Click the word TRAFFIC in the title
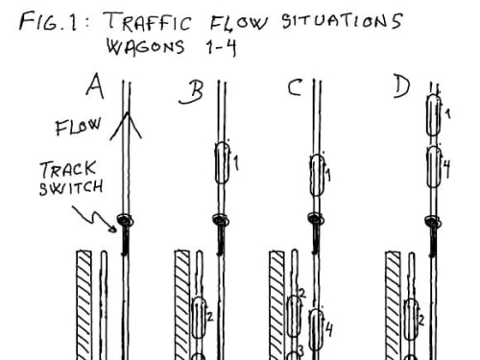tap(148, 21)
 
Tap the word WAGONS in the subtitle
tap(146, 47)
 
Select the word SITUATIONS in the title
tap(342, 21)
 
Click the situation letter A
tap(95, 85)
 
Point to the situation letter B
tap(191, 92)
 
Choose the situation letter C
tap(295, 87)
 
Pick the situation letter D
tap(401, 87)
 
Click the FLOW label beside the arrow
tap(79, 127)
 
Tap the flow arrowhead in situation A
tap(127, 126)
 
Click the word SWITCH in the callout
tap(71, 187)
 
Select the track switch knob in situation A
tap(125, 220)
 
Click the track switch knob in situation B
tap(220, 221)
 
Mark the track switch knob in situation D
tap(433, 222)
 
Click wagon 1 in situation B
tap(223, 163)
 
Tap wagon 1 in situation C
tap(317, 175)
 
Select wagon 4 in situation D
tap(434, 166)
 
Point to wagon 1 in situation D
tap(434, 115)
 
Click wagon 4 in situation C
tap(316, 330)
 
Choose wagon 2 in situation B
tap(199, 318)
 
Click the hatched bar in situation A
tap(84, 305)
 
